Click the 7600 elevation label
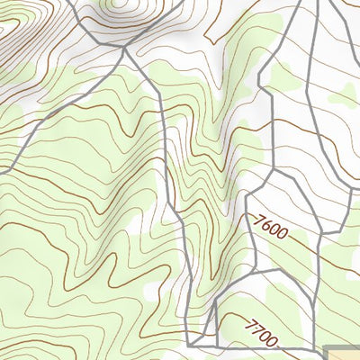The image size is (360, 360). click(x=270, y=226)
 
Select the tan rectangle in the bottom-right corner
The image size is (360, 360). click(x=342, y=352)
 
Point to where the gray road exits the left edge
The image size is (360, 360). click(x=2, y=168)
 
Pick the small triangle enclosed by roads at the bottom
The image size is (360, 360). click(x=208, y=335)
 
